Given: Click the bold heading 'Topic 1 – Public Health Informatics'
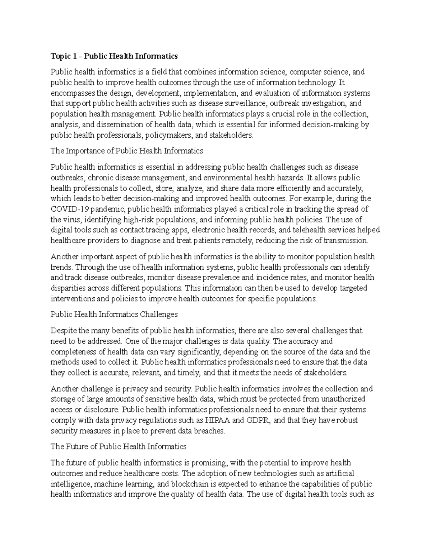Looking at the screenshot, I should pos(114,56).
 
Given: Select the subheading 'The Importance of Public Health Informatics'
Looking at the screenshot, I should pos(127,151).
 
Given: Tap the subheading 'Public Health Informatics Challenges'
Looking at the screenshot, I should pos(114,315).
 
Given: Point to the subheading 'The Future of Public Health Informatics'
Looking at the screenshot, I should pos(119,447).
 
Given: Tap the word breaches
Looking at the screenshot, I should pos(209,431).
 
